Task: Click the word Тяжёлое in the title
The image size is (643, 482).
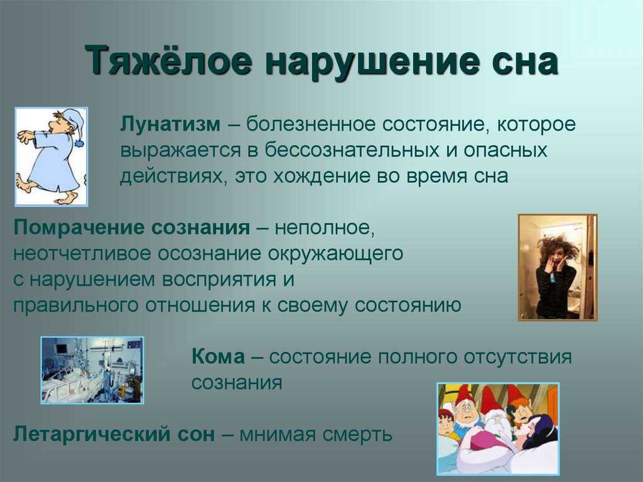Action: tap(169, 61)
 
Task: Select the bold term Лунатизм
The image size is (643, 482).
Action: tap(170, 124)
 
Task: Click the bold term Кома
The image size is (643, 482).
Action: tap(218, 356)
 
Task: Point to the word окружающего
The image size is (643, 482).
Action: tap(335, 254)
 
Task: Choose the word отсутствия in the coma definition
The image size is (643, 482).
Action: tap(517, 357)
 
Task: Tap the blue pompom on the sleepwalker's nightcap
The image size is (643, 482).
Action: tap(80, 143)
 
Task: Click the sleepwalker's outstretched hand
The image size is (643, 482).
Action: tap(23, 137)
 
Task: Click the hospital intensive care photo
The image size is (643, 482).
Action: tap(92, 370)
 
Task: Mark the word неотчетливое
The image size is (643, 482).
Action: tap(82, 254)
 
